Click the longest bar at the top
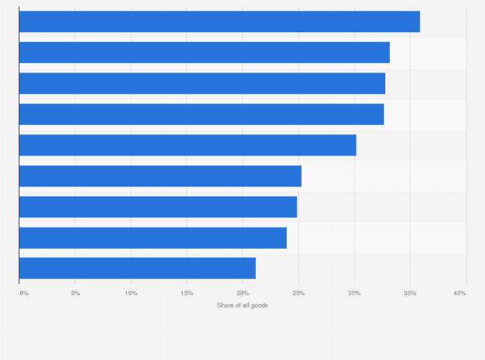tap(219, 22)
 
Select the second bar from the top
tap(204, 53)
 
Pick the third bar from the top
tap(202, 84)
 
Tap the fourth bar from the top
tap(201, 114)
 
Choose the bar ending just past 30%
tap(187, 145)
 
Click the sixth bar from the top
tap(160, 176)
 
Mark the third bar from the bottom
tap(158, 207)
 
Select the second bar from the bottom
tap(152, 238)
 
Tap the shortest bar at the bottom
tap(137, 268)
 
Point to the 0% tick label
tap(24, 293)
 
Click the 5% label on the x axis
tap(75, 293)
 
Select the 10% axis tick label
tap(131, 293)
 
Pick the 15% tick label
tap(187, 293)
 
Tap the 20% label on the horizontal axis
tap(243, 293)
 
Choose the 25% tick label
tap(298, 293)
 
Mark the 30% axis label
tap(354, 293)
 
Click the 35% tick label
tap(410, 293)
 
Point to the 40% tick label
tap(459, 293)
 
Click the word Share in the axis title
tap(225, 305)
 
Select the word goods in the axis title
tap(259, 305)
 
